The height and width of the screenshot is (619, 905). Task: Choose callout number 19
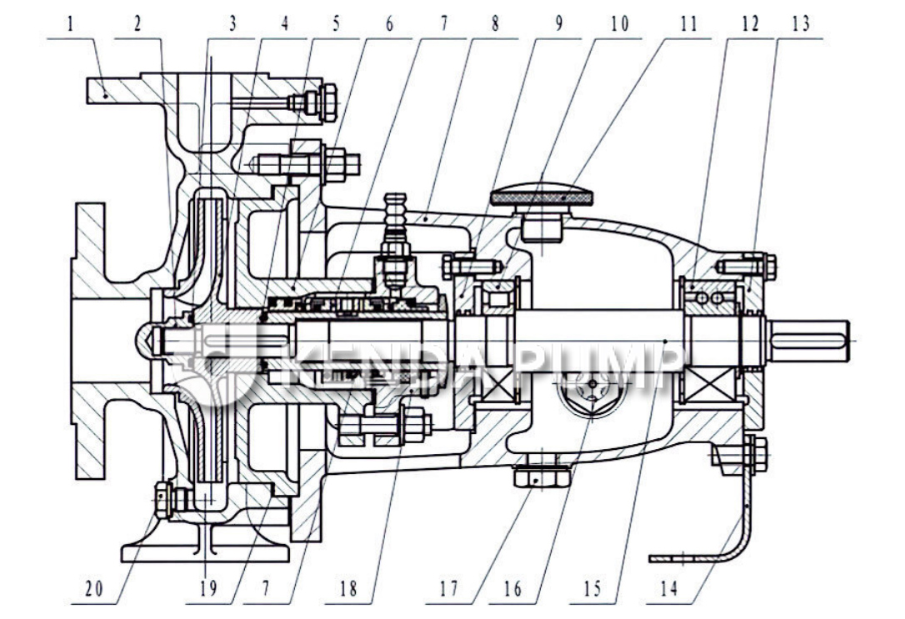click(x=207, y=590)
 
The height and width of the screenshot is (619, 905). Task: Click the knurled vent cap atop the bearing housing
click(x=542, y=197)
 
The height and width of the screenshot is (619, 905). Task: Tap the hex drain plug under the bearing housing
click(x=542, y=478)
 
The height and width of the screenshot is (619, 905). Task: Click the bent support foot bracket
click(x=733, y=525)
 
